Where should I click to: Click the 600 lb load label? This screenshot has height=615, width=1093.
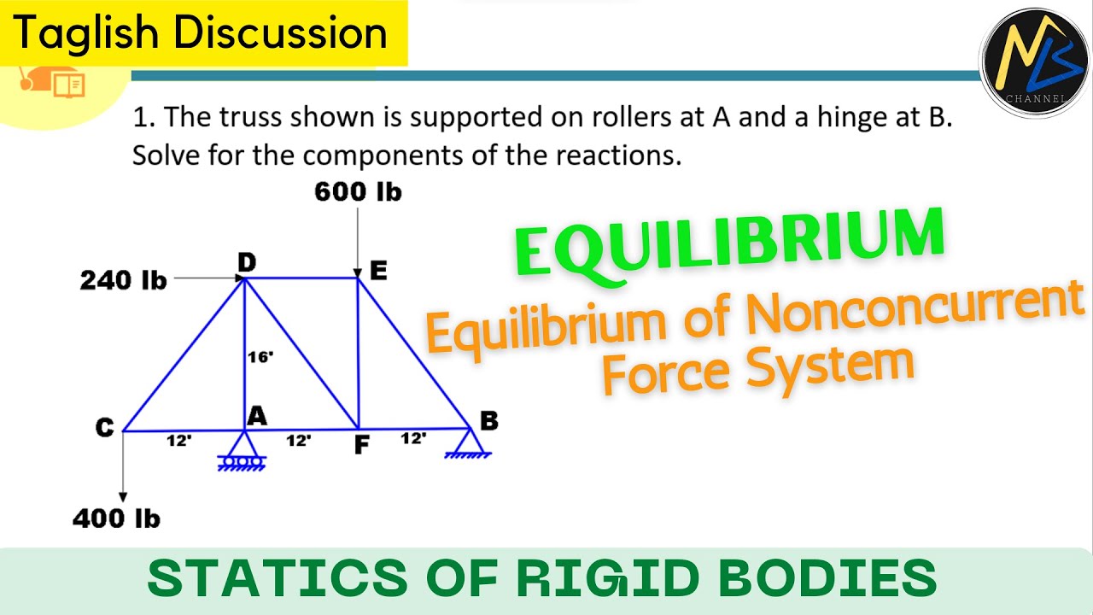358,191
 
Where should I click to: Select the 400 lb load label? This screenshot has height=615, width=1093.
116,518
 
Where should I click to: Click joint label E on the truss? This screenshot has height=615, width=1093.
377,272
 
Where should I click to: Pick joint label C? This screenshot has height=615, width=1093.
104,428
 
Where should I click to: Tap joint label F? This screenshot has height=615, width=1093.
362,445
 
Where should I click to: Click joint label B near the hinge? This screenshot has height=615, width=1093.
488,420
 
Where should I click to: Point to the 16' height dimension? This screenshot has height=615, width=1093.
260,357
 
